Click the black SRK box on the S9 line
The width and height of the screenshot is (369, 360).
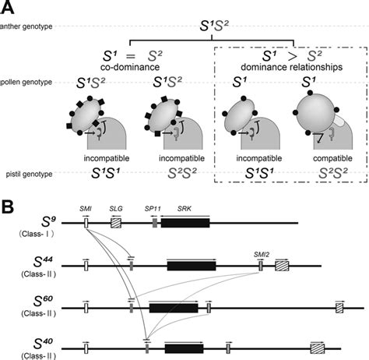pyautogui.click(x=190, y=223)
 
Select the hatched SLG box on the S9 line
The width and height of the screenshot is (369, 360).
pyautogui.click(x=116, y=223)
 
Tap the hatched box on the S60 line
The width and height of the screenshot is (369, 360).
pyautogui.click(x=339, y=309)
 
